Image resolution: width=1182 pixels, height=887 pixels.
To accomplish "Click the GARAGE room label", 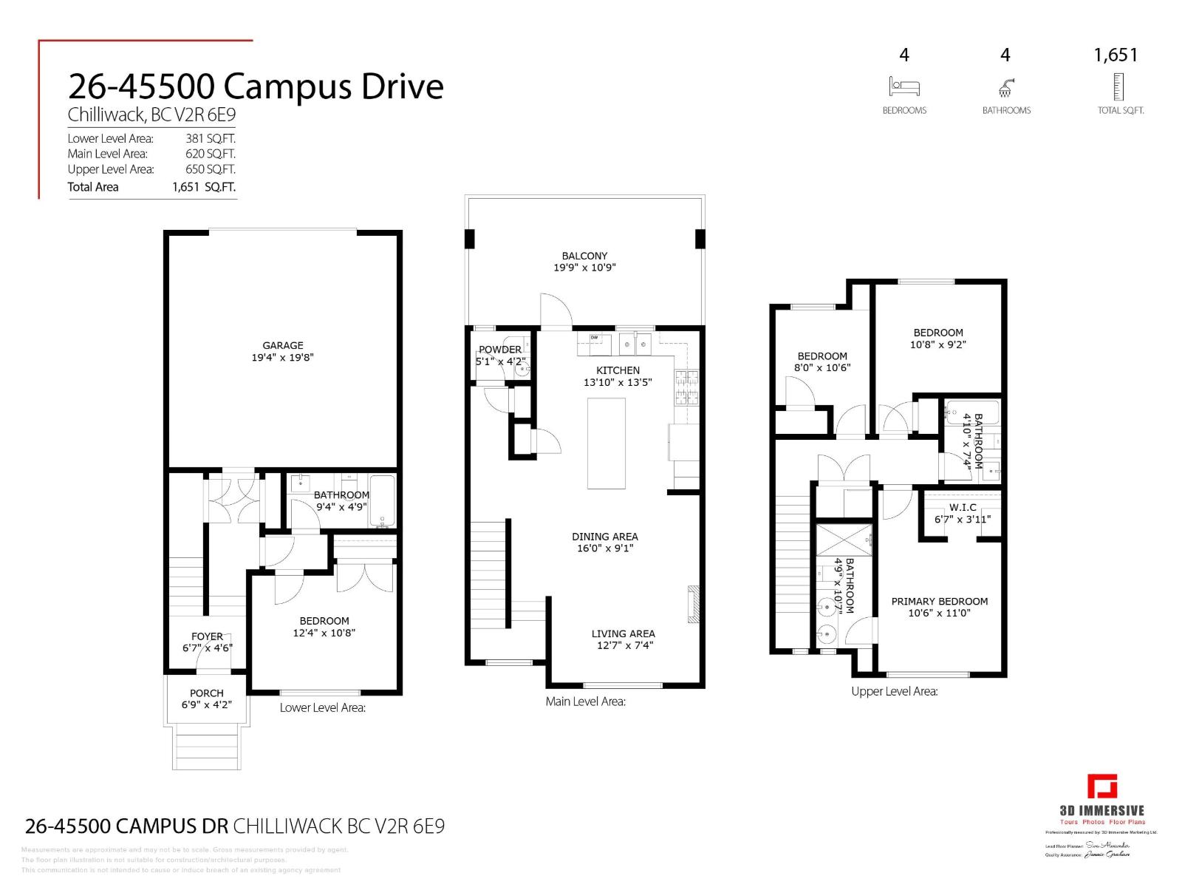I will tap(283, 345).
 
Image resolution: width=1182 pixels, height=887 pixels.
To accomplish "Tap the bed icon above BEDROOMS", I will tap(904, 87).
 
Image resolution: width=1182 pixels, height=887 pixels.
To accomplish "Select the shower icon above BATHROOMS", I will tap(1005, 88).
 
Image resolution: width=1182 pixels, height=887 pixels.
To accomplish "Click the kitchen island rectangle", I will tap(607, 443).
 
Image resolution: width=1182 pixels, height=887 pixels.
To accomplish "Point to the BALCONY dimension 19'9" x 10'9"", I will tap(584, 268).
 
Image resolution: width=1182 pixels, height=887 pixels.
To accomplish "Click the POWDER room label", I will tap(500, 350).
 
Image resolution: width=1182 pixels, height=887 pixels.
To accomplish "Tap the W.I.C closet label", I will tap(963, 508).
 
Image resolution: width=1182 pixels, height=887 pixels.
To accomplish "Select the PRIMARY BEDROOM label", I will tap(939, 601).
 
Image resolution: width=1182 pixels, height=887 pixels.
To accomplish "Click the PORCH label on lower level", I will tap(206, 693).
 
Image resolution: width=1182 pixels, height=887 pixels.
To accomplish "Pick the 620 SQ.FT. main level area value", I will tap(210, 154).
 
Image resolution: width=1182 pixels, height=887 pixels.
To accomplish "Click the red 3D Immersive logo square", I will tap(1102, 786).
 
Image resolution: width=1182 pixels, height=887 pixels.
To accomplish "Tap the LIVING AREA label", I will tap(623, 633).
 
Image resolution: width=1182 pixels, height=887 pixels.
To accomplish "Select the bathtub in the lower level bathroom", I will tap(382, 502).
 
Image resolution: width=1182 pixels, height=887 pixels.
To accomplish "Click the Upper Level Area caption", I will tap(894, 692).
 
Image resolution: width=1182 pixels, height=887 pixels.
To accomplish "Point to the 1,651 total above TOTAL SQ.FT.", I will tap(1116, 55).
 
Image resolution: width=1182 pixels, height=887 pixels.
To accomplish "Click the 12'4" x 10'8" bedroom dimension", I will tap(324, 633).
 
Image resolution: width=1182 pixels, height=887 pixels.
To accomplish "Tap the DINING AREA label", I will tap(604, 537).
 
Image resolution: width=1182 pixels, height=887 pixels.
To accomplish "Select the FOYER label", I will tap(207, 636).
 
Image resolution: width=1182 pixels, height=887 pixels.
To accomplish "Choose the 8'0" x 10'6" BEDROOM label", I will tap(821, 356).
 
